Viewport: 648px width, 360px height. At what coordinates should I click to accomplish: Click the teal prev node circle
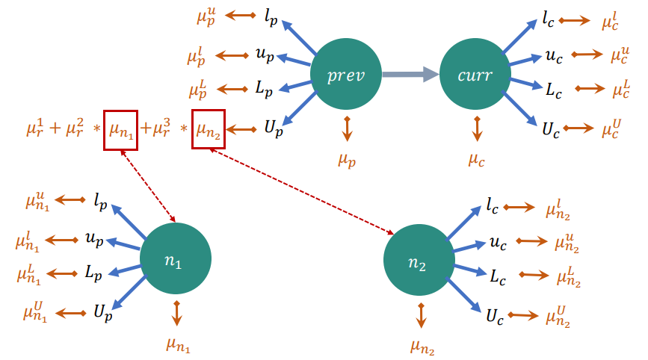tap(346, 75)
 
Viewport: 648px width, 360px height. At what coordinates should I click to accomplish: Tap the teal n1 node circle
tap(176, 258)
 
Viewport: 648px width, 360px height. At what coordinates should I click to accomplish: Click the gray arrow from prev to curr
tap(410, 74)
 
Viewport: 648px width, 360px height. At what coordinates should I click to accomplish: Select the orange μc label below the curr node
tap(477, 158)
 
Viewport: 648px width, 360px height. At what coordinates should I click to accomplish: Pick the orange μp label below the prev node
tap(347, 158)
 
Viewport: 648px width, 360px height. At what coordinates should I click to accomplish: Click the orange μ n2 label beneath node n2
tap(422, 346)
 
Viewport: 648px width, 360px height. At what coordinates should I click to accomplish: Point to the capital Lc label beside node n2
tap(497, 276)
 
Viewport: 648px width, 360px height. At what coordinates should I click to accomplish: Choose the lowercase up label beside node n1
tap(94, 240)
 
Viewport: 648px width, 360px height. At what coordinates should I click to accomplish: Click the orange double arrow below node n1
tap(177, 312)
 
